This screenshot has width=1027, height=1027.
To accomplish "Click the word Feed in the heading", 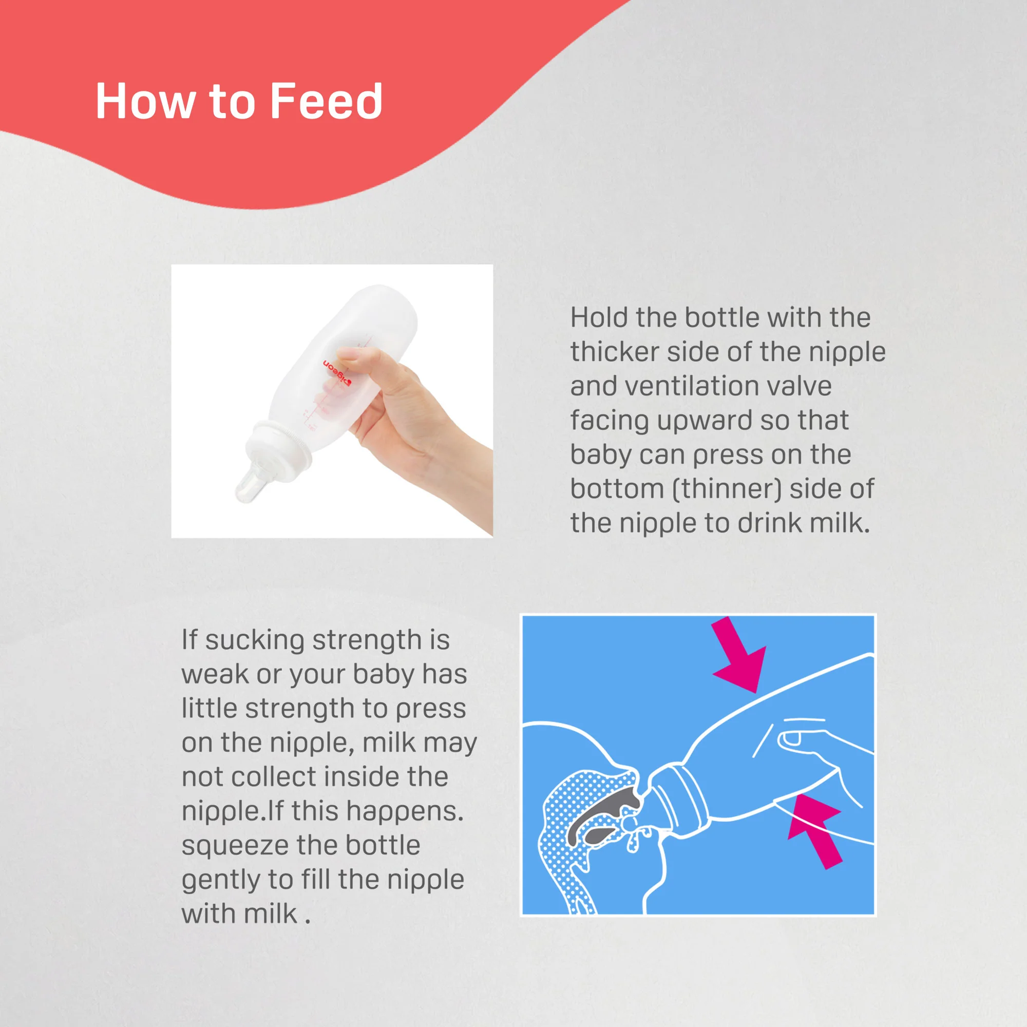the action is click(x=326, y=101).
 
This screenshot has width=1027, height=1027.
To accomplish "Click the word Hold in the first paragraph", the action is click(x=599, y=317).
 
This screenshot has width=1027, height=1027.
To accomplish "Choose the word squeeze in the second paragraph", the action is click(x=233, y=845).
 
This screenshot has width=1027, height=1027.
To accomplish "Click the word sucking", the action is click(x=255, y=640).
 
